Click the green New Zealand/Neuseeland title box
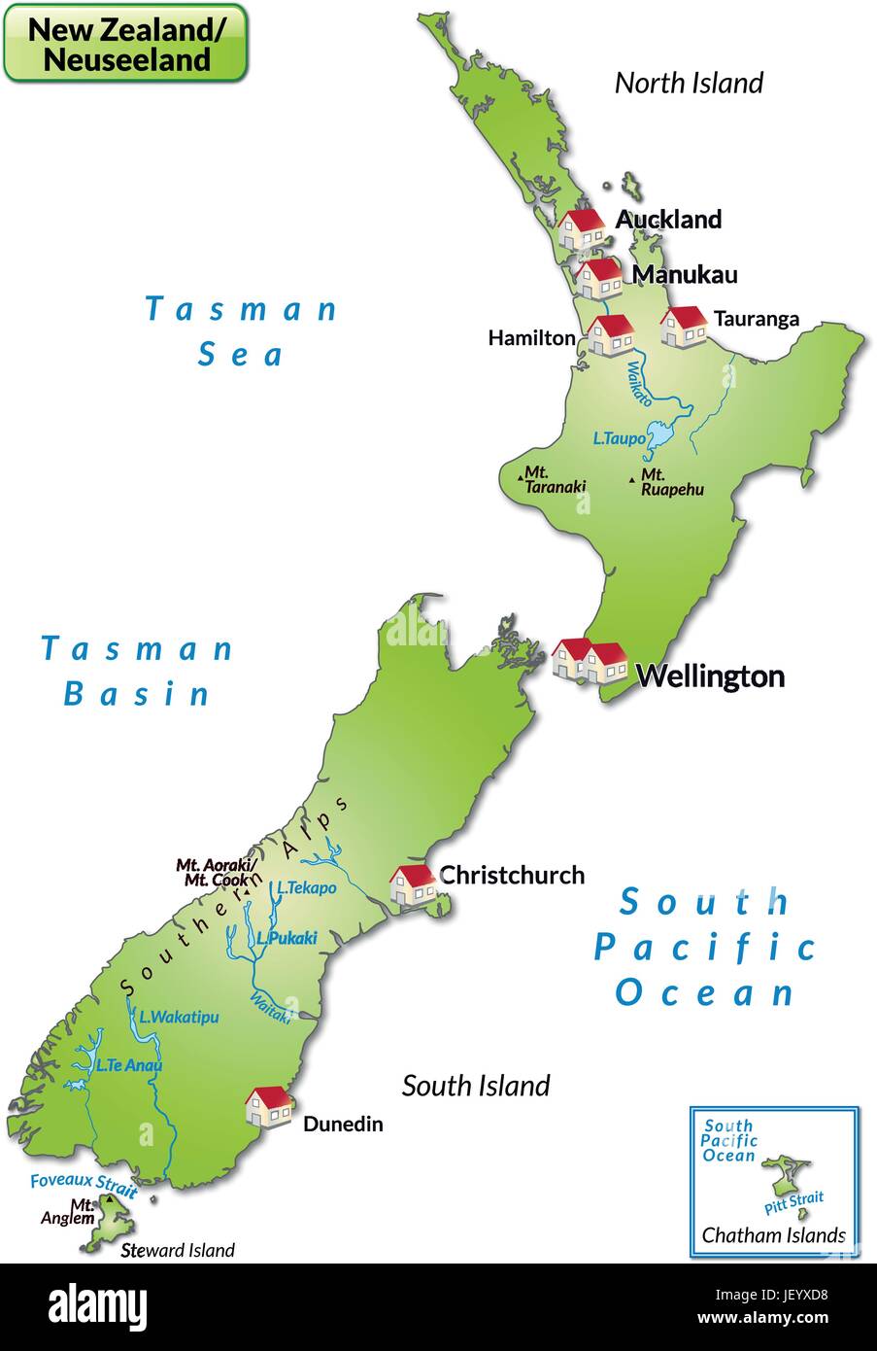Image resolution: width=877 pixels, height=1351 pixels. (125, 43)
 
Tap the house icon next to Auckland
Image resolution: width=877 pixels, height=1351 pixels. (582, 228)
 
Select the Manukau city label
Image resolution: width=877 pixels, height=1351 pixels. (684, 274)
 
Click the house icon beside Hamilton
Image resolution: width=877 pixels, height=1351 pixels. (610, 335)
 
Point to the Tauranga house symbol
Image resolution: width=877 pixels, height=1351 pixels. (684, 326)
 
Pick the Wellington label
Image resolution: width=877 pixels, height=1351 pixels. (709, 675)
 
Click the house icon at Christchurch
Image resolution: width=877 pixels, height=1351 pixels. (413, 884)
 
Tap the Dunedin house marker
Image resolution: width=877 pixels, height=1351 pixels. (268, 1107)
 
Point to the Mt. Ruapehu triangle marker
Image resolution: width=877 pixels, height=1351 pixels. (632, 479)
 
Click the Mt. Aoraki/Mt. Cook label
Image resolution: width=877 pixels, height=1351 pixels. (216, 872)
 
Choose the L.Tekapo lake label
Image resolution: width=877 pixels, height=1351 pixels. (306, 887)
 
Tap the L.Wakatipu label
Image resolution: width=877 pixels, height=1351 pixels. (179, 1017)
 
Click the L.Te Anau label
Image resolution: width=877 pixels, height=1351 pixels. (128, 1064)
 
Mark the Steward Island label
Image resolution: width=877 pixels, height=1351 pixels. (178, 1250)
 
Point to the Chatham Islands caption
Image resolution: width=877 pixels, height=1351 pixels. (773, 1235)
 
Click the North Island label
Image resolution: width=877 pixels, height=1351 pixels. (689, 83)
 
